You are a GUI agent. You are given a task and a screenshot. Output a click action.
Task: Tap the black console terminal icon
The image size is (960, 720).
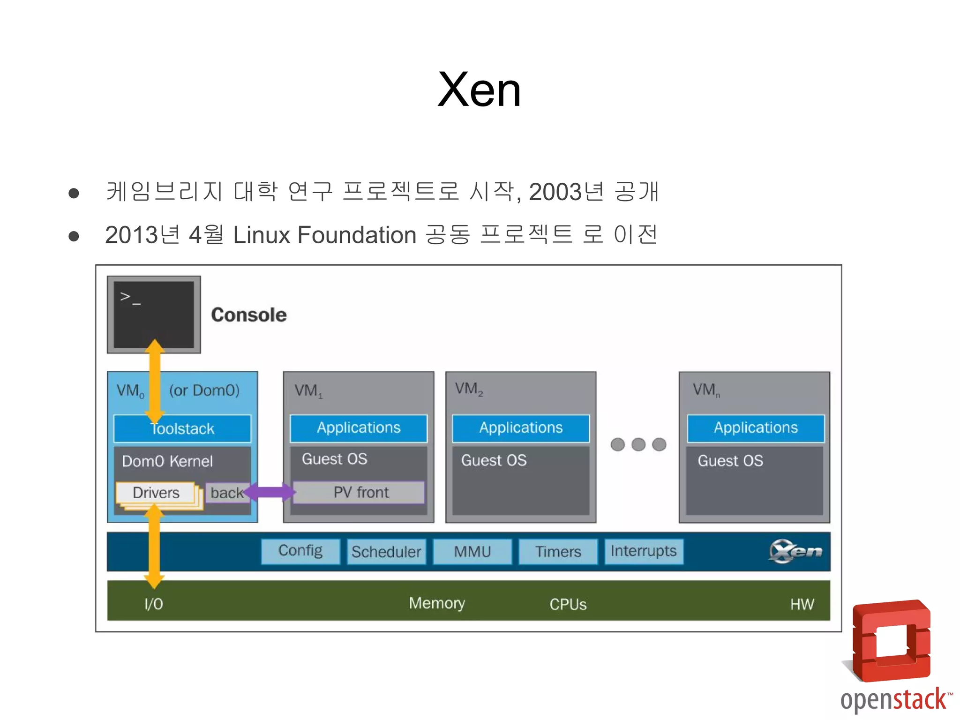[x=154, y=315]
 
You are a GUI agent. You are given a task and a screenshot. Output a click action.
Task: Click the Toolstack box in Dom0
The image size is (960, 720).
[x=182, y=428]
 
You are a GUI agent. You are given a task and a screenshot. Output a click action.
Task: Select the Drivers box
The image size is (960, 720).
[x=156, y=493]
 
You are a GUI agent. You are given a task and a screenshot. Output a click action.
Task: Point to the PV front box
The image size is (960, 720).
[x=360, y=492]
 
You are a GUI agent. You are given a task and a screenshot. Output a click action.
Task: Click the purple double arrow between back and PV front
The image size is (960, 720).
[x=270, y=492]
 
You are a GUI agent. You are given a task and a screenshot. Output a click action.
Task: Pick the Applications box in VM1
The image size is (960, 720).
[x=359, y=428]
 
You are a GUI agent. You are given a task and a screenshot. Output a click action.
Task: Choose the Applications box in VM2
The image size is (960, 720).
[x=521, y=428]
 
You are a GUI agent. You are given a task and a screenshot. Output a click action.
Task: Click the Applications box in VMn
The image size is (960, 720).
[x=756, y=428]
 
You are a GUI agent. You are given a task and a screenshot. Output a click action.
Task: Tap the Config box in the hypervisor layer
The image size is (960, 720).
[x=300, y=551]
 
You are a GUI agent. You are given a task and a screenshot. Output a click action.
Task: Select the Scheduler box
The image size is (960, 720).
[x=386, y=552]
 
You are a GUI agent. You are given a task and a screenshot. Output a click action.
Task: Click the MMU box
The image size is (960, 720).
[x=472, y=552]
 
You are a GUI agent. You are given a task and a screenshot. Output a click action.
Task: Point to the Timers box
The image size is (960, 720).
[x=558, y=552]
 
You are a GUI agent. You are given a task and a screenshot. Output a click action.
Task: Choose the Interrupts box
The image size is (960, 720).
[x=644, y=551]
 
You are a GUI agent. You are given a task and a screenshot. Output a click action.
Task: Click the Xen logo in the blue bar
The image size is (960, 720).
[x=795, y=551]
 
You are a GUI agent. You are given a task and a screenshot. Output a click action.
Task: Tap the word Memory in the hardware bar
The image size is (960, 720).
[x=437, y=603]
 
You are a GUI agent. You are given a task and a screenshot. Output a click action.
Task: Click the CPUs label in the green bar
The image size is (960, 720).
[x=568, y=604]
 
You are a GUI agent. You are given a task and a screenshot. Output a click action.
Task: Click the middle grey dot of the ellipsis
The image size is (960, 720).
[x=638, y=444]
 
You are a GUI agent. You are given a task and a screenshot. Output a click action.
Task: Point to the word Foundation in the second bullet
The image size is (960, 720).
[x=357, y=235]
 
